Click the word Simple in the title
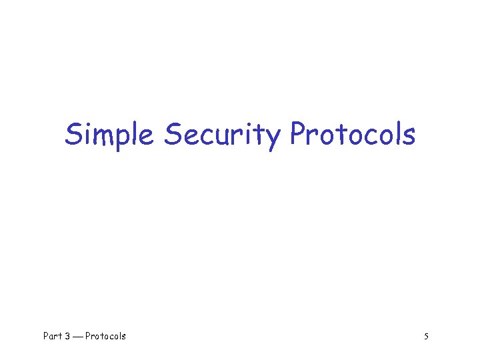(109, 135)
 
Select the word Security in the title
(223, 135)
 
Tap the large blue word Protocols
(353, 135)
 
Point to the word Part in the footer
(53, 336)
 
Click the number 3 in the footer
(67, 336)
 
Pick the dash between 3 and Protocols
(78, 337)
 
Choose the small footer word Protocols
(105, 336)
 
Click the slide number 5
(426, 336)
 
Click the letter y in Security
(273, 139)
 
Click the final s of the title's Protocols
(409, 137)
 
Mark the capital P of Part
(46, 336)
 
